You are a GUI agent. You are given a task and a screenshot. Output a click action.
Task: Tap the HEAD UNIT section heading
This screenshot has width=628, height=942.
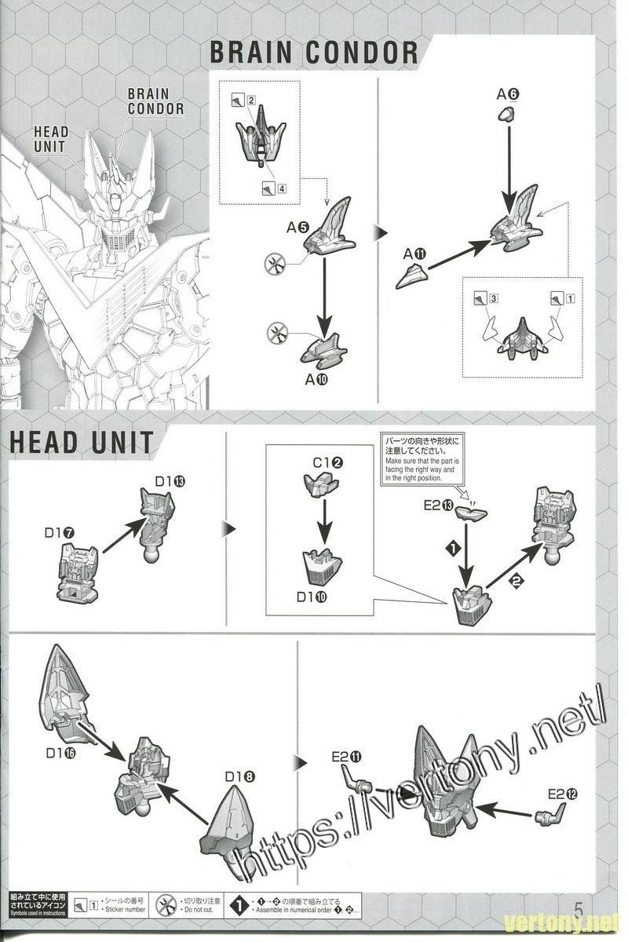(x=82, y=441)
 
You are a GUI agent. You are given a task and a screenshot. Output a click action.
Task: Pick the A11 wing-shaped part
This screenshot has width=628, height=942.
(x=411, y=276)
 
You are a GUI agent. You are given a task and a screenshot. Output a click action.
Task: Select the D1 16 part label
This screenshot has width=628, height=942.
(x=60, y=753)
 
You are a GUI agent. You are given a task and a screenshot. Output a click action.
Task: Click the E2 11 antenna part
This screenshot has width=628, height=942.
(x=358, y=780)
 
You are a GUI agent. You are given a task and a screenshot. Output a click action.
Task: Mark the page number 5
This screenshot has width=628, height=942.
(x=580, y=909)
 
